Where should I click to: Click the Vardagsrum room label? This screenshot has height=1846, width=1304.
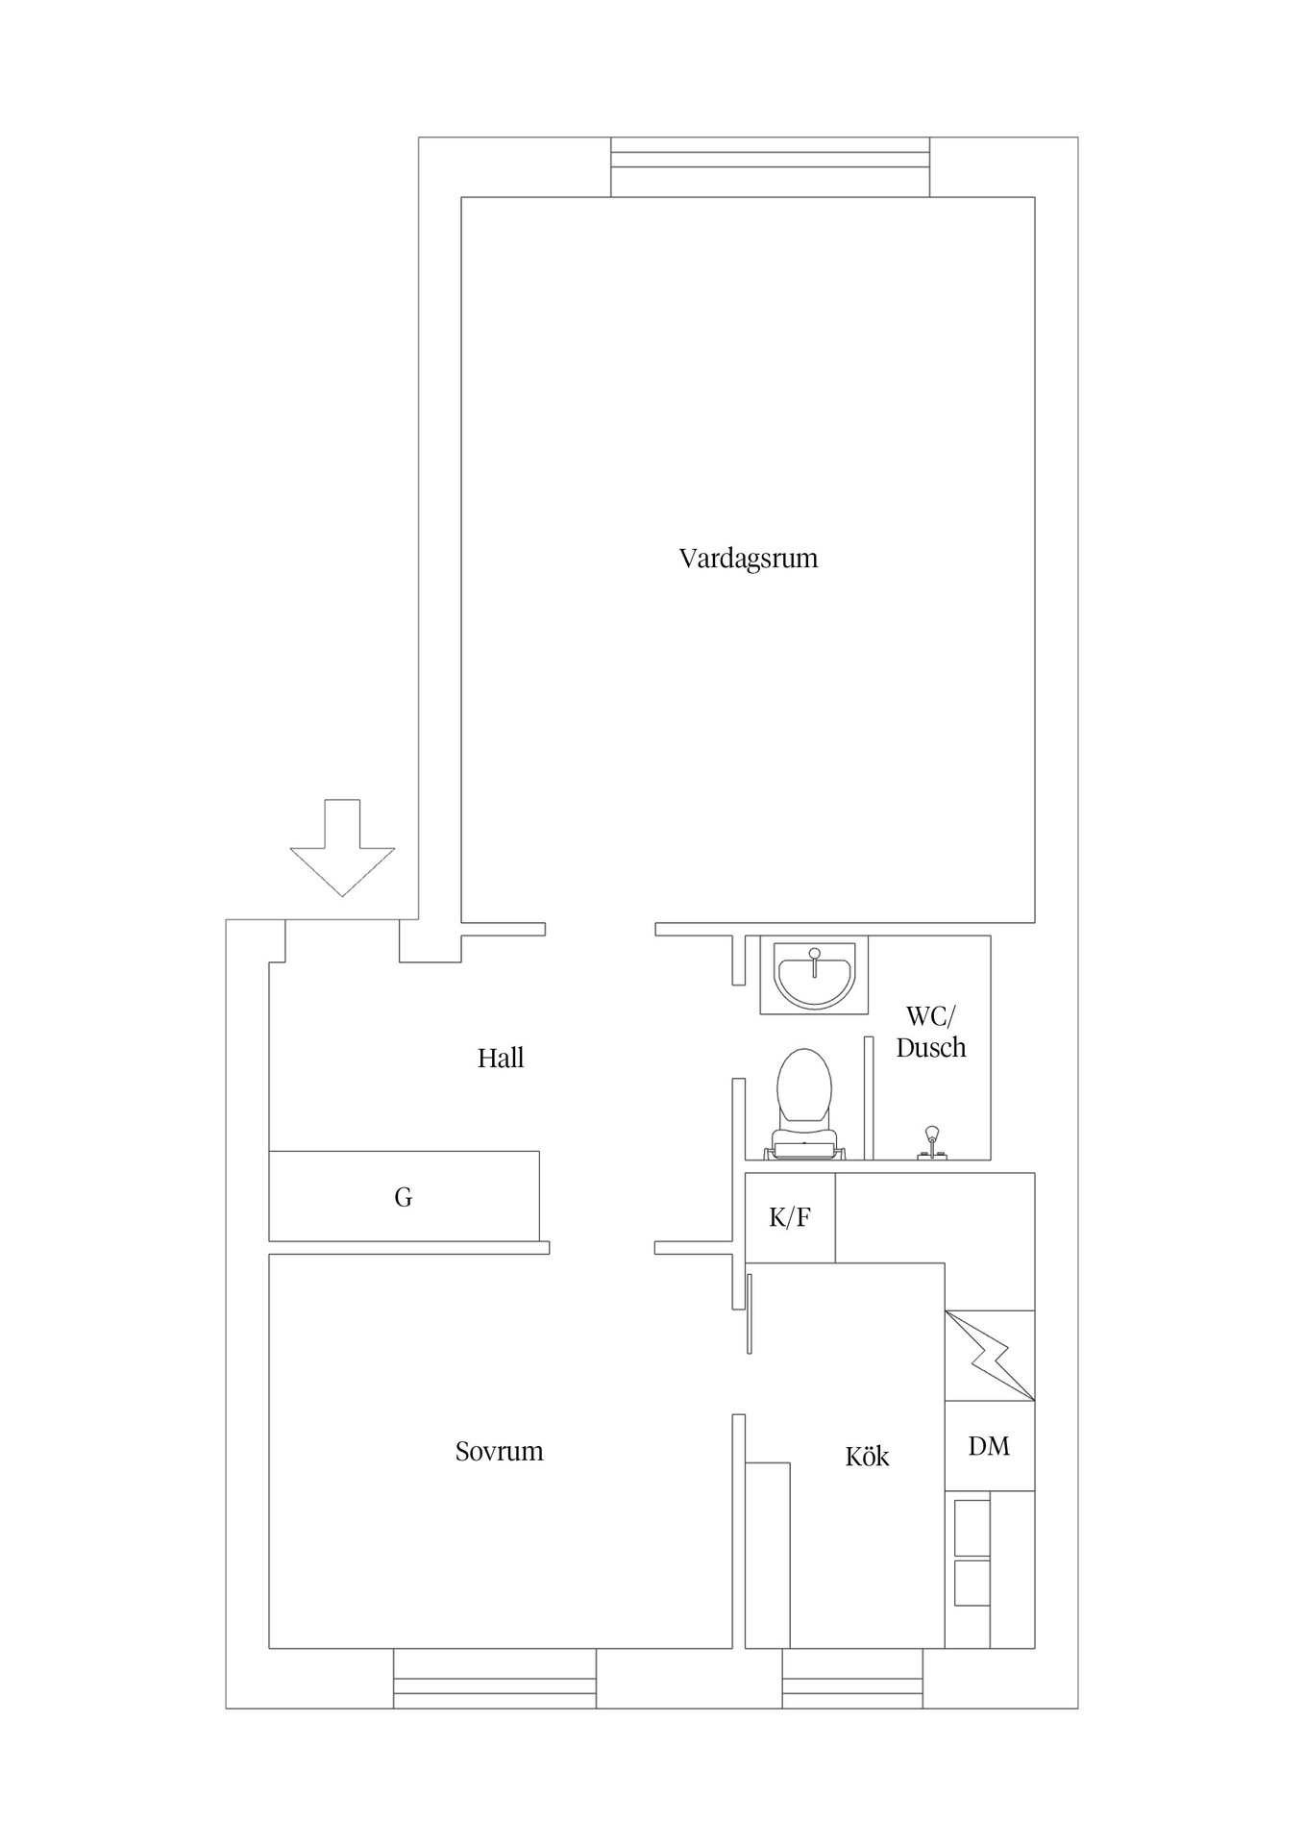(x=748, y=559)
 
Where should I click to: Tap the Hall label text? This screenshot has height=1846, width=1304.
(x=501, y=1059)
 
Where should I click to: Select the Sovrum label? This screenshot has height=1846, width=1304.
(x=499, y=1451)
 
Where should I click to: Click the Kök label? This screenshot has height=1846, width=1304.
(x=867, y=1457)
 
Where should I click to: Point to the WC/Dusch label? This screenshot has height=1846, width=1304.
(x=930, y=1033)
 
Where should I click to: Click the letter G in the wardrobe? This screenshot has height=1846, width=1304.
(x=404, y=1198)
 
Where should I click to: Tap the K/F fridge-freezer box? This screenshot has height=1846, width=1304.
(x=790, y=1217)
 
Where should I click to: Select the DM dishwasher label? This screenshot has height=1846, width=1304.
(x=989, y=1446)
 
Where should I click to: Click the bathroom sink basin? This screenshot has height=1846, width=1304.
(x=814, y=975)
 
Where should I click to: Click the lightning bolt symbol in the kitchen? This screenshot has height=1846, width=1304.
(x=990, y=1356)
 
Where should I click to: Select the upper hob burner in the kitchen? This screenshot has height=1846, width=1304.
(x=972, y=1527)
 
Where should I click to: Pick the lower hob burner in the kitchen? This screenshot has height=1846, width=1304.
(x=972, y=1583)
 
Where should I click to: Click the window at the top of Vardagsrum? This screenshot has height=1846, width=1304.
(x=770, y=166)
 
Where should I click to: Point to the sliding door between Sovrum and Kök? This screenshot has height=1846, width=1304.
(x=749, y=1313)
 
